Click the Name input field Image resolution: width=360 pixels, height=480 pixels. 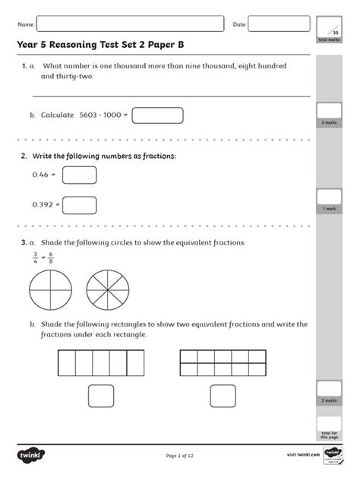click(130, 24)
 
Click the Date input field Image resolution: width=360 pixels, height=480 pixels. click(279, 24)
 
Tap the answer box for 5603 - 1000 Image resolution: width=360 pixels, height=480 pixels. click(157, 115)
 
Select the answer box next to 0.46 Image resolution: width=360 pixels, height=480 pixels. click(79, 175)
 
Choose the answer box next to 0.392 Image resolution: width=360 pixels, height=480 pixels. click(79, 204)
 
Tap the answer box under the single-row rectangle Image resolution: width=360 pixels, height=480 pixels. click(101, 396)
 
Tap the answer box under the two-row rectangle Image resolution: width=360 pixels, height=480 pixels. click(223, 396)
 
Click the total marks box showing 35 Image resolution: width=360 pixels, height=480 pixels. click(333, 29)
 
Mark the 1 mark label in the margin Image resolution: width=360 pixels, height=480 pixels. click(330, 208)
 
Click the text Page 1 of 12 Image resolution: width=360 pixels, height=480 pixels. click(181, 456)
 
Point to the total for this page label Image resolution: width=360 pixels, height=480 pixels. click(330, 434)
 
